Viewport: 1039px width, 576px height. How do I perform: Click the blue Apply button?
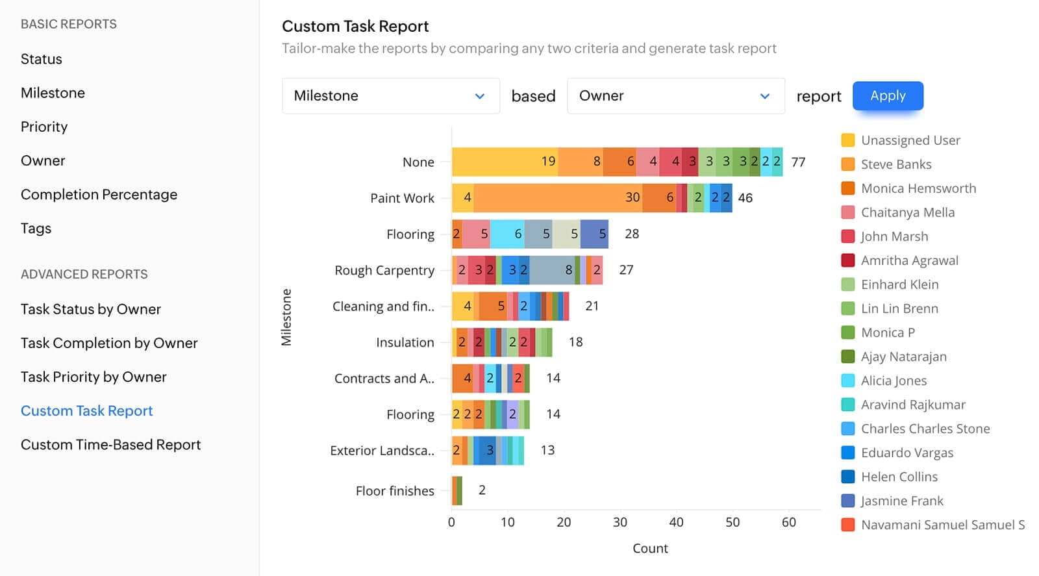(x=887, y=96)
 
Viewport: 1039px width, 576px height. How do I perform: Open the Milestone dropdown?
(x=390, y=96)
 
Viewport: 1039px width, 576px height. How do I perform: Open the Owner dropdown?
(x=675, y=96)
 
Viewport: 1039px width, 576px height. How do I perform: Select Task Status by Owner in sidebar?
(x=91, y=309)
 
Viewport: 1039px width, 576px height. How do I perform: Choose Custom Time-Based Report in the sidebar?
(x=110, y=445)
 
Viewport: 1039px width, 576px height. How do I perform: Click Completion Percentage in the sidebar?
(x=99, y=195)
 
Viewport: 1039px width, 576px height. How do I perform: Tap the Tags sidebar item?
(x=36, y=229)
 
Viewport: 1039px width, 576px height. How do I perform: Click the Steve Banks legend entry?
(x=895, y=164)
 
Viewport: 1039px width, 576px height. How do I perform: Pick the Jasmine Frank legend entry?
(x=901, y=501)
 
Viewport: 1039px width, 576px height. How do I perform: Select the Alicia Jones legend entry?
(x=894, y=381)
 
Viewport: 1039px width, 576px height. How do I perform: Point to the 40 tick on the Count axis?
(x=676, y=522)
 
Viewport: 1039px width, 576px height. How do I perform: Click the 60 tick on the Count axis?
(x=788, y=522)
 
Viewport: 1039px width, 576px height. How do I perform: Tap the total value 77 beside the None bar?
(x=798, y=162)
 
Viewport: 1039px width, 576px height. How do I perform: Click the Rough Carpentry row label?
(x=384, y=270)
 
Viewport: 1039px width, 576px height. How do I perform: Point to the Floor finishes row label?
(x=395, y=491)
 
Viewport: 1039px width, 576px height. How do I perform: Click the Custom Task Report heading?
(x=355, y=27)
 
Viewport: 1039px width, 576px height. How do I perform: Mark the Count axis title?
(x=650, y=549)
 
